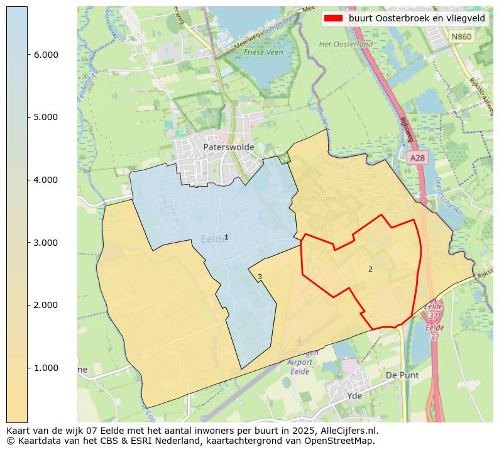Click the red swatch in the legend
pyautogui.click(x=333, y=19)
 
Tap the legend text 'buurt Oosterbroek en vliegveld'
pyautogui.click(x=417, y=19)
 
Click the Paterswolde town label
pyautogui.click(x=229, y=147)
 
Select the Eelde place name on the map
pyautogui.click(x=212, y=240)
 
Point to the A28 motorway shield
pyautogui.click(x=417, y=158)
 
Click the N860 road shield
pyautogui.click(x=461, y=37)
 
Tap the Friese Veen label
pyautogui.click(x=263, y=52)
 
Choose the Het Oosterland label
pyautogui.click(x=346, y=45)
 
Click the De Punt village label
pyautogui.click(x=400, y=375)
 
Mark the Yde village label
pyautogui.click(x=354, y=396)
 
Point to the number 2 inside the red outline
pyautogui.click(x=370, y=269)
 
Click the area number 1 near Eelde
pyautogui.click(x=226, y=237)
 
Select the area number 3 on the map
pyautogui.click(x=260, y=277)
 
